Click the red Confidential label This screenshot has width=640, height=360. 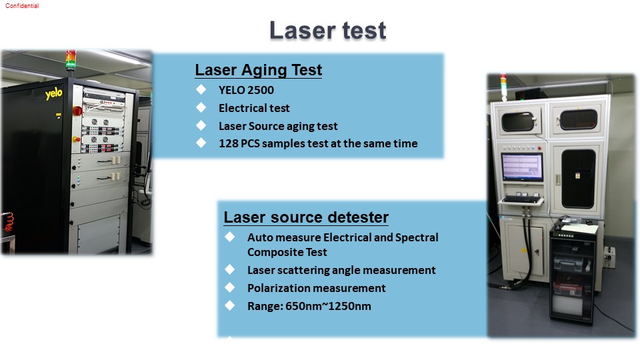[22, 6]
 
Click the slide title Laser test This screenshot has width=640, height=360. [328, 30]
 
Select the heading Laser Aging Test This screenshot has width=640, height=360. [259, 70]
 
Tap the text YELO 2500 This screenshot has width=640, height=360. [246, 90]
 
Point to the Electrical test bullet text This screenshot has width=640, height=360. [254, 108]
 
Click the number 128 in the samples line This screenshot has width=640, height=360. [228, 143]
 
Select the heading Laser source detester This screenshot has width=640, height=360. [306, 217]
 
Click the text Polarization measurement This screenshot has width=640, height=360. [316, 288]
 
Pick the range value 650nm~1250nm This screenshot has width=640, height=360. [328, 306]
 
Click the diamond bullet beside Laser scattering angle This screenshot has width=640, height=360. [230, 269]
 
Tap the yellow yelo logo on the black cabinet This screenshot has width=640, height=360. [53, 93]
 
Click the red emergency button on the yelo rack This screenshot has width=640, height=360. [77, 111]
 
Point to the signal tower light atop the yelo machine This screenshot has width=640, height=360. [71, 61]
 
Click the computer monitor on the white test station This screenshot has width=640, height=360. [522, 167]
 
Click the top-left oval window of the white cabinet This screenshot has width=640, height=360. [518, 121]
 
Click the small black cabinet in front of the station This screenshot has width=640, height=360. [573, 272]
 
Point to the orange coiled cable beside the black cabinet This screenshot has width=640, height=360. [8, 222]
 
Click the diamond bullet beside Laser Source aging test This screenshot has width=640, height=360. [201, 125]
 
